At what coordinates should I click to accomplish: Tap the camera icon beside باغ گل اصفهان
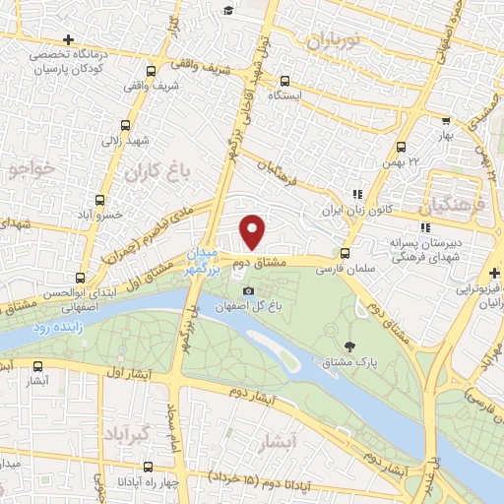tap(248, 291)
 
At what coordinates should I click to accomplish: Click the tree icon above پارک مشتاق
tap(350, 346)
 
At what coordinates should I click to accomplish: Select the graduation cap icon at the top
tap(228, 10)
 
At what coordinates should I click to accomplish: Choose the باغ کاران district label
tap(156, 169)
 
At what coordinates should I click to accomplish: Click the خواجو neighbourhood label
tap(29, 169)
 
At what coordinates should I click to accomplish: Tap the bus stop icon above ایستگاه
tap(284, 82)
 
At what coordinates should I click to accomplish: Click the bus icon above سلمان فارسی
tap(344, 251)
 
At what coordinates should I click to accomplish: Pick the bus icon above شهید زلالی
tap(125, 125)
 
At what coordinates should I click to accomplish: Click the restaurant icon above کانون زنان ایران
tap(357, 195)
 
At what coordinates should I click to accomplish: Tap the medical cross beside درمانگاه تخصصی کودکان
tap(95, 38)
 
